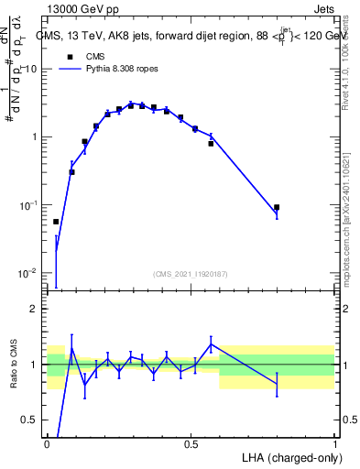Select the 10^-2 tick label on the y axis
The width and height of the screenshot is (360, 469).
point(29,273)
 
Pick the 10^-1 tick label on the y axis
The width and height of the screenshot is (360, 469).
point(29,205)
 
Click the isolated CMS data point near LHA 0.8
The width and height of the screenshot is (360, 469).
point(277,207)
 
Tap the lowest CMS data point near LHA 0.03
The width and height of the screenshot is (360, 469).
point(56,222)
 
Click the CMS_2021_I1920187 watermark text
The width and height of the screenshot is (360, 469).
point(191,274)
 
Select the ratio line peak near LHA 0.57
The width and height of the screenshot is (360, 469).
point(211,344)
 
